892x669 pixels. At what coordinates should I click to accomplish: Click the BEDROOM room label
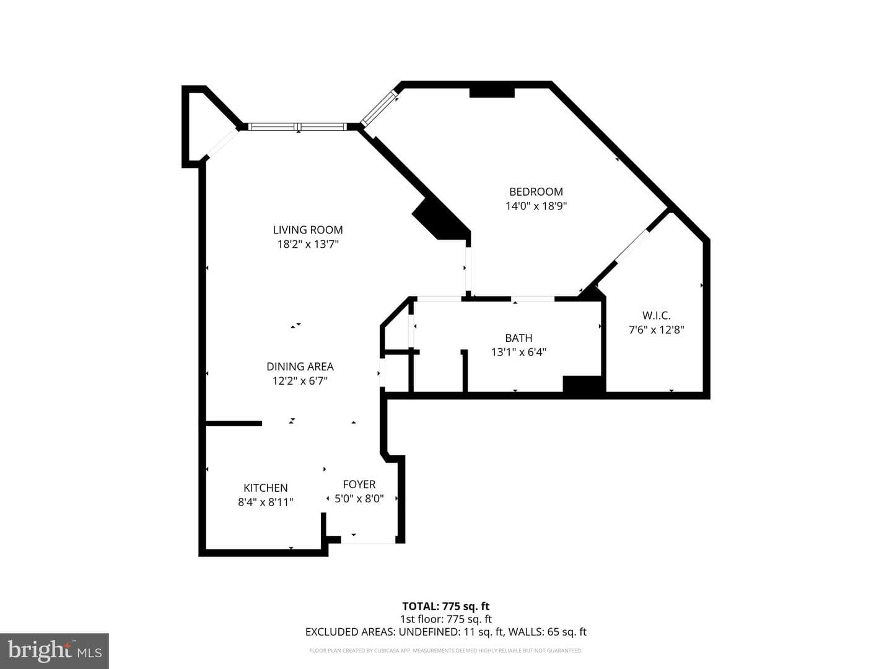pyautogui.click(x=536, y=191)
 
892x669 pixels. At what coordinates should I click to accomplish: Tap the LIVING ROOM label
pyautogui.click(x=308, y=229)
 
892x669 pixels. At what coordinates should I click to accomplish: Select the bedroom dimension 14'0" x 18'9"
pyautogui.click(x=536, y=206)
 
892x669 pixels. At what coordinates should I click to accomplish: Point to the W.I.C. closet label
pyautogui.click(x=656, y=315)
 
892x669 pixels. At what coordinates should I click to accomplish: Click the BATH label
pyautogui.click(x=518, y=338)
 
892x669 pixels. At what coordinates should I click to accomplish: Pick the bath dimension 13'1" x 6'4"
pyautogui.click(x=518, y=352)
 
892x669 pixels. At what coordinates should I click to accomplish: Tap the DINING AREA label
pyautogui.click(x=300, y=366)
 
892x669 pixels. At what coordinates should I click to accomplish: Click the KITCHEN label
pyautogui.click(x=265, y=488)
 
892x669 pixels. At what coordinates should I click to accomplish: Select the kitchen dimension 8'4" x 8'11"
pyautogui.click(x=265, y=502)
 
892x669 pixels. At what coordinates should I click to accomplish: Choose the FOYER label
pyautogui.click(x=359, y=484)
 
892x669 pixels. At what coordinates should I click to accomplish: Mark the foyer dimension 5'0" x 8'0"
pyautogui.click(x=359, y=499)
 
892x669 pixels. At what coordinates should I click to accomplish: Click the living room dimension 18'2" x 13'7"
pyautogui.click(x=308, y=244)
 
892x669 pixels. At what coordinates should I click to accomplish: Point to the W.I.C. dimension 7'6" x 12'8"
pyautogui.click(x=656, y=330)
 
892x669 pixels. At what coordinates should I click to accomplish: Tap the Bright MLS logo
pyautogui.click(x=55, y=650)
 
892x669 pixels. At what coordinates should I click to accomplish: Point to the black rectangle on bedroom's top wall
pyautogui.click(x=492, y=93)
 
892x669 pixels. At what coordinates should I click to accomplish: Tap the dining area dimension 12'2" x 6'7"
pyautogui.click(x=300, y=381)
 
